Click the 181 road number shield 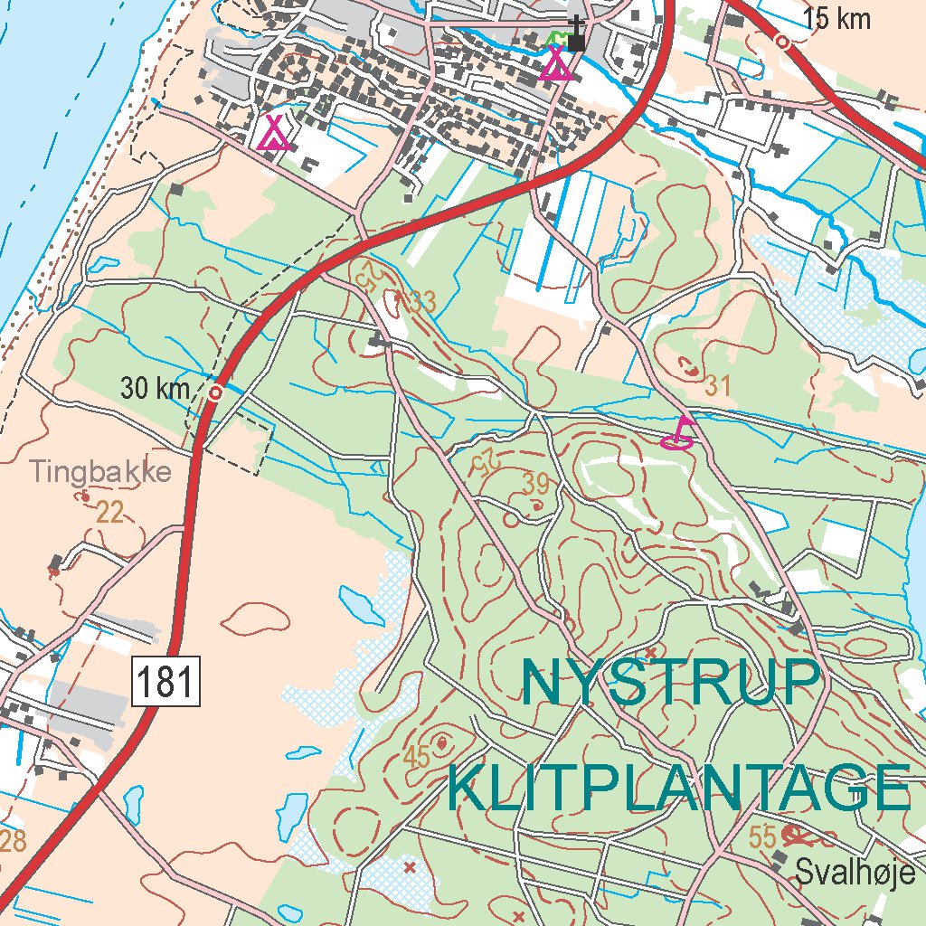[166, 681]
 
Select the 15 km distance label [836, 18]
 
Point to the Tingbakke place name [100, 471]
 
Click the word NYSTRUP [671, 684]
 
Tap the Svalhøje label [855, 872]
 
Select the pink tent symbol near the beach [273, 132]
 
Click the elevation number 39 [535, 485]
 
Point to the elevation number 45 [417, 758]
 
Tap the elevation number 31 [717, 386]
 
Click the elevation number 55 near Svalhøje [762, 838]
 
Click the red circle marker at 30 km [215, 392]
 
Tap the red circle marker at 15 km [782, 42]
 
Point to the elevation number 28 [13, 841]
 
